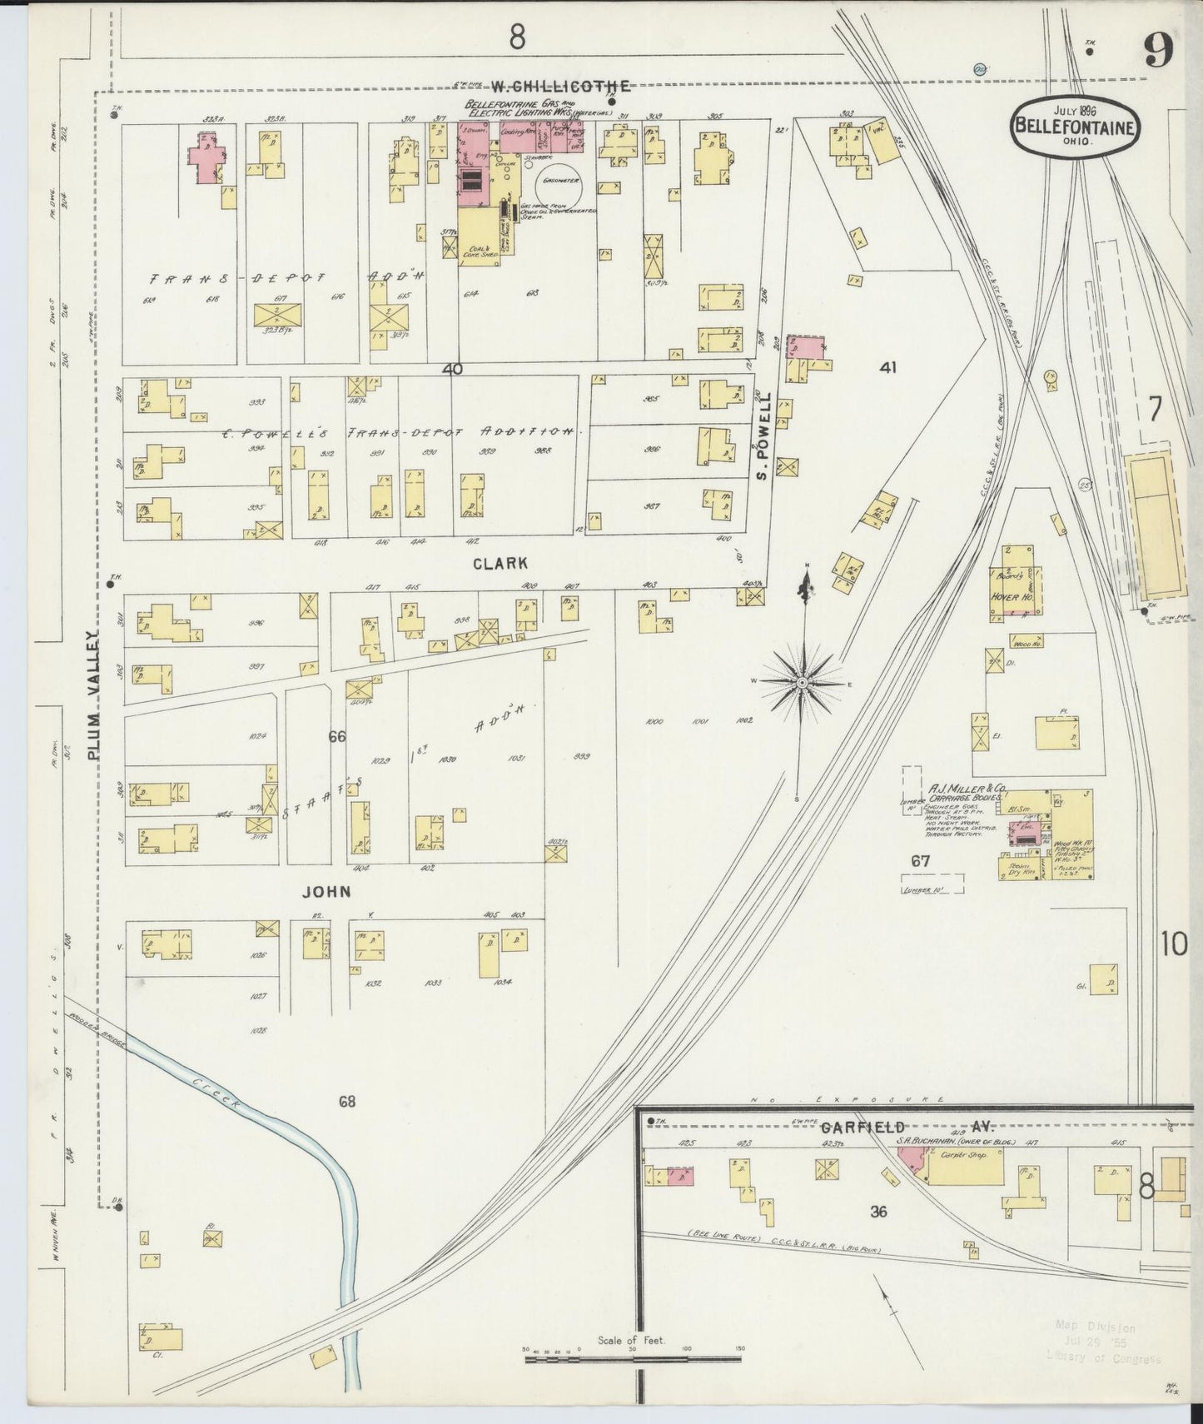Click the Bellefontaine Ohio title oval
tap(1076, 126)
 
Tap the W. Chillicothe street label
tap(559, 86)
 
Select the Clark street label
tap(500, 563)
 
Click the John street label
tap(326, 891)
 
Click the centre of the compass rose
tap(802, 682)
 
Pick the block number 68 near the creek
tap(347, 1101)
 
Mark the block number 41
tap(887, 366)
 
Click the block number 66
tap(336, 736)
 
